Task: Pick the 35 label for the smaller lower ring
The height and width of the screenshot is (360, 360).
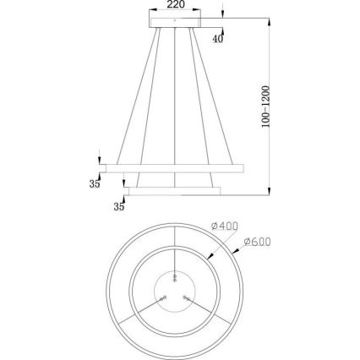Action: (119, 205)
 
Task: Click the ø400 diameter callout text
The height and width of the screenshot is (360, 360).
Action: (227, 226)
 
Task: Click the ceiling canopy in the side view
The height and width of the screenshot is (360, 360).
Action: (175, 23)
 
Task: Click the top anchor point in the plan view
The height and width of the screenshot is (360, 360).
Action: (175, 275)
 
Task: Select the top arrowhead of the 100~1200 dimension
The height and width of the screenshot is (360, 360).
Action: (270, 18)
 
